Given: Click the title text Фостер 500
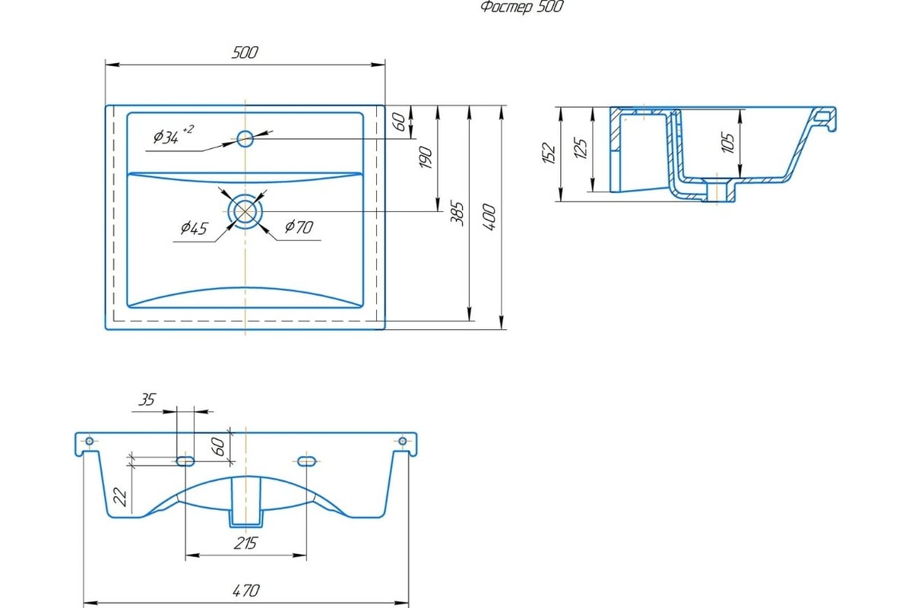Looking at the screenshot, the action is point(522,7).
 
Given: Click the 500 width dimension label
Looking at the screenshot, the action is point(245,52).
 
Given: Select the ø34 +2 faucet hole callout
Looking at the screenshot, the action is point(174,135).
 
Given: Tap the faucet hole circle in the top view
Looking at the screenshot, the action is point(245,138).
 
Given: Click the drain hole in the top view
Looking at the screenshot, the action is point(245,211).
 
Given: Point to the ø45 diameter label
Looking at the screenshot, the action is point(195,228).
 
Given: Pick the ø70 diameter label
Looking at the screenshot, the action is point(299,226).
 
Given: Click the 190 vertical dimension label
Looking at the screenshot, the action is point(425,157).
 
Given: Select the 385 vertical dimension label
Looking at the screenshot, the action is point(458,214).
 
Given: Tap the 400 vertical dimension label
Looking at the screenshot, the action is point(489,217).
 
